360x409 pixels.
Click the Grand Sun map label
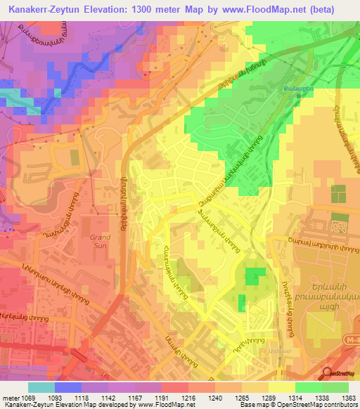(101, 242)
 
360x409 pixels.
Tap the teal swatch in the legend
(41, 387)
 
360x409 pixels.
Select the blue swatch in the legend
(68, 387)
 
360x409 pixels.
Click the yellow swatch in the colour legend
(282, 387)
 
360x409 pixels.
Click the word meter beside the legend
(11, 397)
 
